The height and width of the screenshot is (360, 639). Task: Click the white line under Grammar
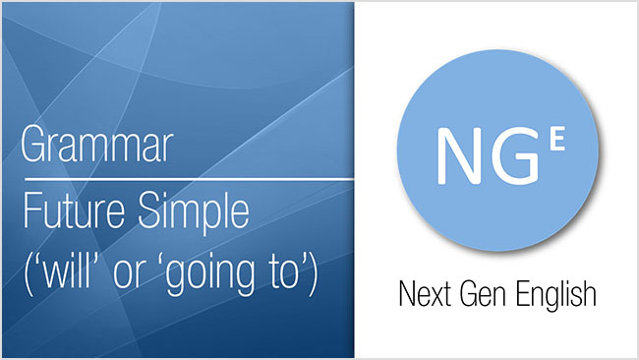click(187, 179)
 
